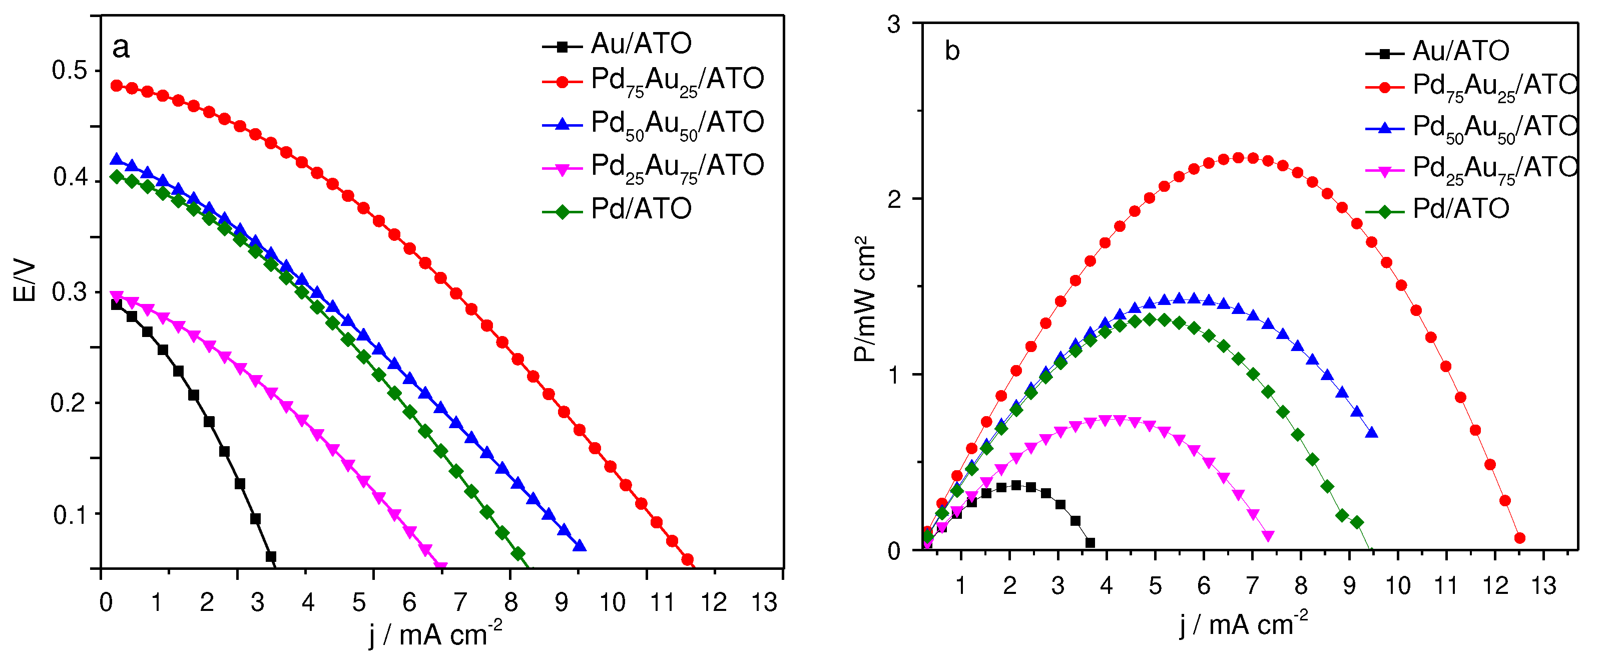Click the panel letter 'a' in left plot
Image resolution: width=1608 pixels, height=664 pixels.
(121, 48)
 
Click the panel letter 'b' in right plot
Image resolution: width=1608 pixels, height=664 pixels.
(952, 51)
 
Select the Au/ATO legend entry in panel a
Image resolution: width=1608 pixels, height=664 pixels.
(641, 44)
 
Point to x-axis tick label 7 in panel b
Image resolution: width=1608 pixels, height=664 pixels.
(1252, 586)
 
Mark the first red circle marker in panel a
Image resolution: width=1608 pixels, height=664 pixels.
(117, 86)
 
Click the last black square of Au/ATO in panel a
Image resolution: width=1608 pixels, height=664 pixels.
(271, 556)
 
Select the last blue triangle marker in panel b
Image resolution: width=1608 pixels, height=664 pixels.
(1371, 432)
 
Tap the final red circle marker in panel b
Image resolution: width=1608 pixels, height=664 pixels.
(1520, 538)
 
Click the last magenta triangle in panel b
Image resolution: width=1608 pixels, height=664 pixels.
(1268, 535)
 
